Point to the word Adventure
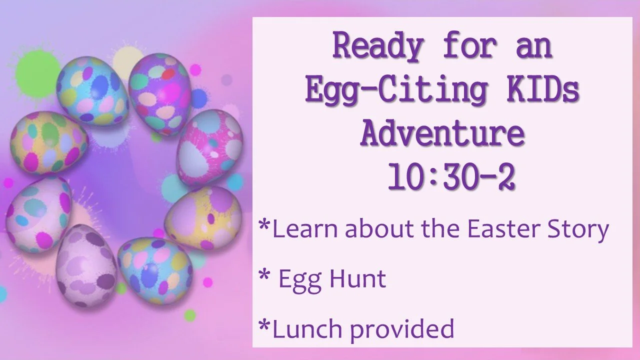coord(442,134)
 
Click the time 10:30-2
coord(451,177)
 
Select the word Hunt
coord(358,278)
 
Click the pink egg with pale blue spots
coord(210,147)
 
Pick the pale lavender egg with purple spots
coord(86,265)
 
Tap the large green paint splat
coord(37,72)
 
